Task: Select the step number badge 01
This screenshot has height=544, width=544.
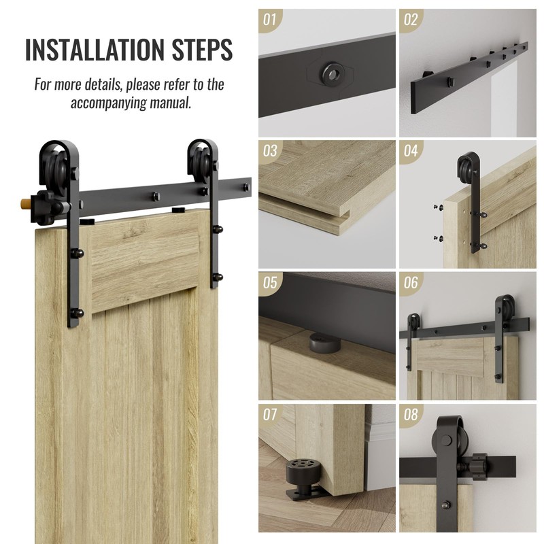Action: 270,20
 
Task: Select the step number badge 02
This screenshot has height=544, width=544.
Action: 411,20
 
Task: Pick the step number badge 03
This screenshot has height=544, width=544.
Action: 270,151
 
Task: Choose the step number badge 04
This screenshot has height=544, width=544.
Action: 411,151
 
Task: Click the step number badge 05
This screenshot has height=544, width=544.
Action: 270,282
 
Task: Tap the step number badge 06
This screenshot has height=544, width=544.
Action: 411,282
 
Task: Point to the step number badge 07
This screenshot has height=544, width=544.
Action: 270,414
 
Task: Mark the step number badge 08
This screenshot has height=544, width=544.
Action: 411,414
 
